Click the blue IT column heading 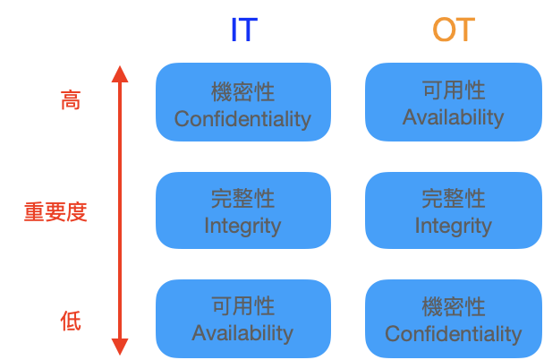tap(243, 30)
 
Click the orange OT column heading tap(453, 30)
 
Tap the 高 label tap(70, 99)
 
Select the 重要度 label tap(55, 212)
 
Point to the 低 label tap(70, 320)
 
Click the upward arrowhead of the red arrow tap(120, 73)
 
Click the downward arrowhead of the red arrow tap(120, 347)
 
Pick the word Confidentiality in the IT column tap(242, 119)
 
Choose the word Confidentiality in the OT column tap(453, 334)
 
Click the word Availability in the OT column tap(453, 117)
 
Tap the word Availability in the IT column tap(242, 333)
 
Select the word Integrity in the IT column tap(242, 226)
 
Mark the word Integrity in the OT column tap(453, 226)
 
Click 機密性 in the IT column tap(242, 92)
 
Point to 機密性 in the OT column tap(453, 307)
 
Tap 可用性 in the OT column tap(453, 90)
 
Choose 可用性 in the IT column tap(242, 307)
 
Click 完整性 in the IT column tap(242, 199)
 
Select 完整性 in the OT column tap(453, 199)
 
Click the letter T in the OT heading tap(463, 30)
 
